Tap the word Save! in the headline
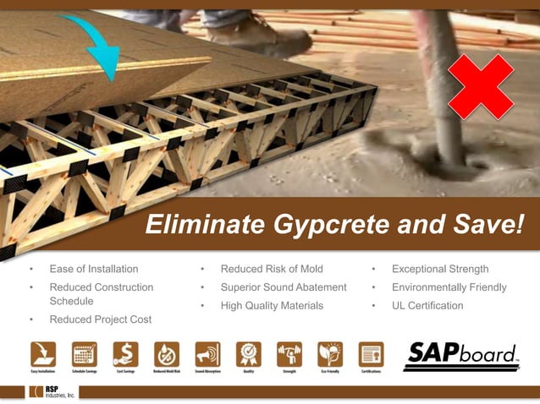pyautogui.click(x=483, y=225)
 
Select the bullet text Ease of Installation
pyautogui.click(x=94, y=269)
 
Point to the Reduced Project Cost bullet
pyautogui.click(x=101, y=319)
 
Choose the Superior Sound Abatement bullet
pyautogui.click(x=284, y=287)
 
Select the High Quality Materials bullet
pyautogui.click(x=272, y=305)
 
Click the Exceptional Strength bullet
pyautogui.click(x=440, y=269)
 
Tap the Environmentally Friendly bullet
pyautogui.click(x=449, y=287)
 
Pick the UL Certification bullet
pyautogui.click(x=427, y=305)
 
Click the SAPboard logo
pyautogui.click(x=460, y=356)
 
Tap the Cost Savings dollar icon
pyautogui.click(x=125, y=353)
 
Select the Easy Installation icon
pyautogui.click(x=43, y=353)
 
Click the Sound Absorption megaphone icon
pyautogui.click(x=207, y=353)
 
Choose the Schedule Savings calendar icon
pyautogui.click(x=85, y=353)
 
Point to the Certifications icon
pyautogui.click(x=371, y=353)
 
